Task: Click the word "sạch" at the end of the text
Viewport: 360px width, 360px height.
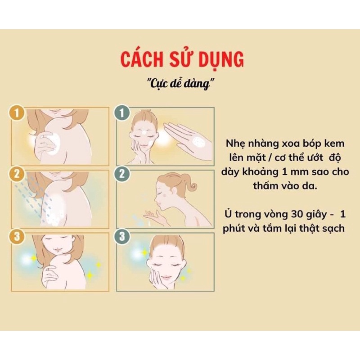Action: tap(333, 229)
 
